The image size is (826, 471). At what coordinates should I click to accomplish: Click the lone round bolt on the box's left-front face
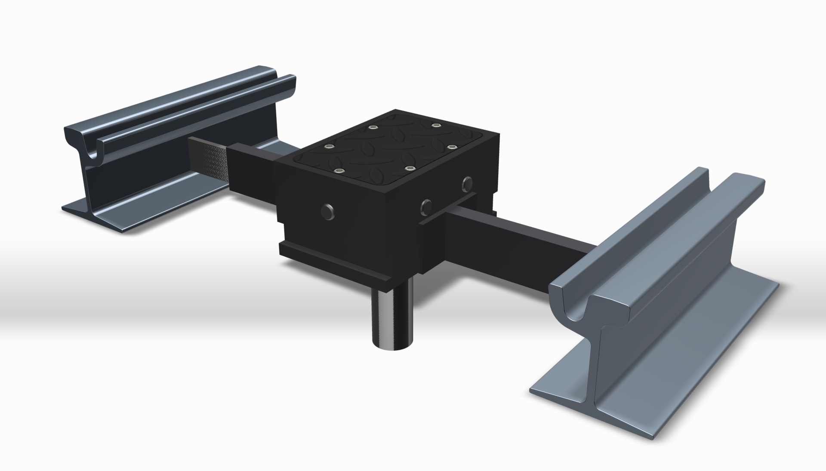tap(328, 212)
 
